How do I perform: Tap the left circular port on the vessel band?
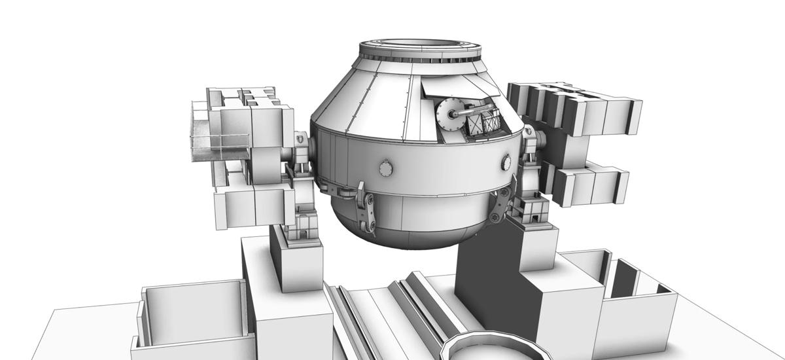click(386, 168)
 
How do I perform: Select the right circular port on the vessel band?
click(506, 161)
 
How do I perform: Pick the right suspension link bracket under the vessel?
click(500, 206)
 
